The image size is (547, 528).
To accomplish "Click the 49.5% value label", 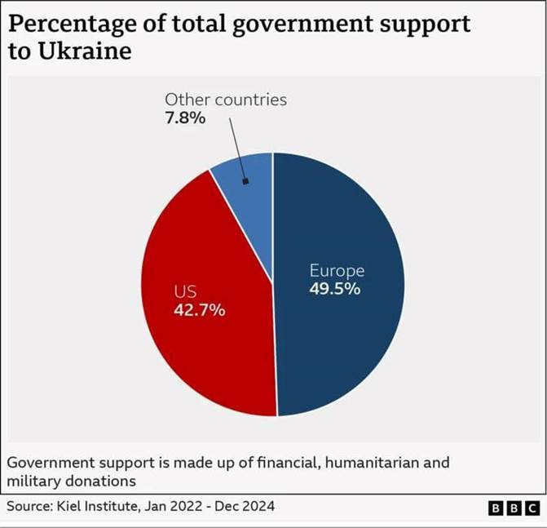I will [334, 289].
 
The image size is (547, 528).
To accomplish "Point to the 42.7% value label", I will [200, 310].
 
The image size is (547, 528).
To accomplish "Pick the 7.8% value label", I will [186, 118].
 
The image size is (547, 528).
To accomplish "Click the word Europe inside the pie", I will [337, 271].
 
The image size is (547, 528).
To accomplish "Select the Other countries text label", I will [226, 100].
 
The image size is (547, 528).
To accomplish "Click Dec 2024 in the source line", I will [245, 507].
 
